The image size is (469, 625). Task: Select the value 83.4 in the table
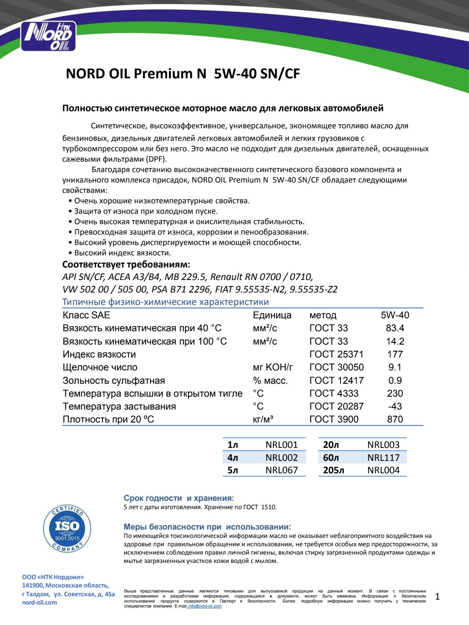(395, 328)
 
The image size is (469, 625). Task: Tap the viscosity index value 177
(395, 355)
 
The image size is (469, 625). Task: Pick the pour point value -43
(395, 406)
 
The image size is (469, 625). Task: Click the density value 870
(395, 420)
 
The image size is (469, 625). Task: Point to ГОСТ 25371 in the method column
(336, 355)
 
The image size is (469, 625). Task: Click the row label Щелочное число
(100, 367)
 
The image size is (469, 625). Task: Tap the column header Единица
(272, 315)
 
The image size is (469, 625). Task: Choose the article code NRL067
(281, 470)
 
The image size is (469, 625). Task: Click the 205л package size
(334, 470)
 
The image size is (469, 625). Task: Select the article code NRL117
(384, 458)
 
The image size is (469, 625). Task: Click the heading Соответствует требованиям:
(126, 265)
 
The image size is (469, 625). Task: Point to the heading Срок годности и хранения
(179, 498)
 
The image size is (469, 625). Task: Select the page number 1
(437, 597)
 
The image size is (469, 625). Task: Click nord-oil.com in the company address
(39, 602)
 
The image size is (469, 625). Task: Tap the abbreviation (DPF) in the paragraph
(154, 159)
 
